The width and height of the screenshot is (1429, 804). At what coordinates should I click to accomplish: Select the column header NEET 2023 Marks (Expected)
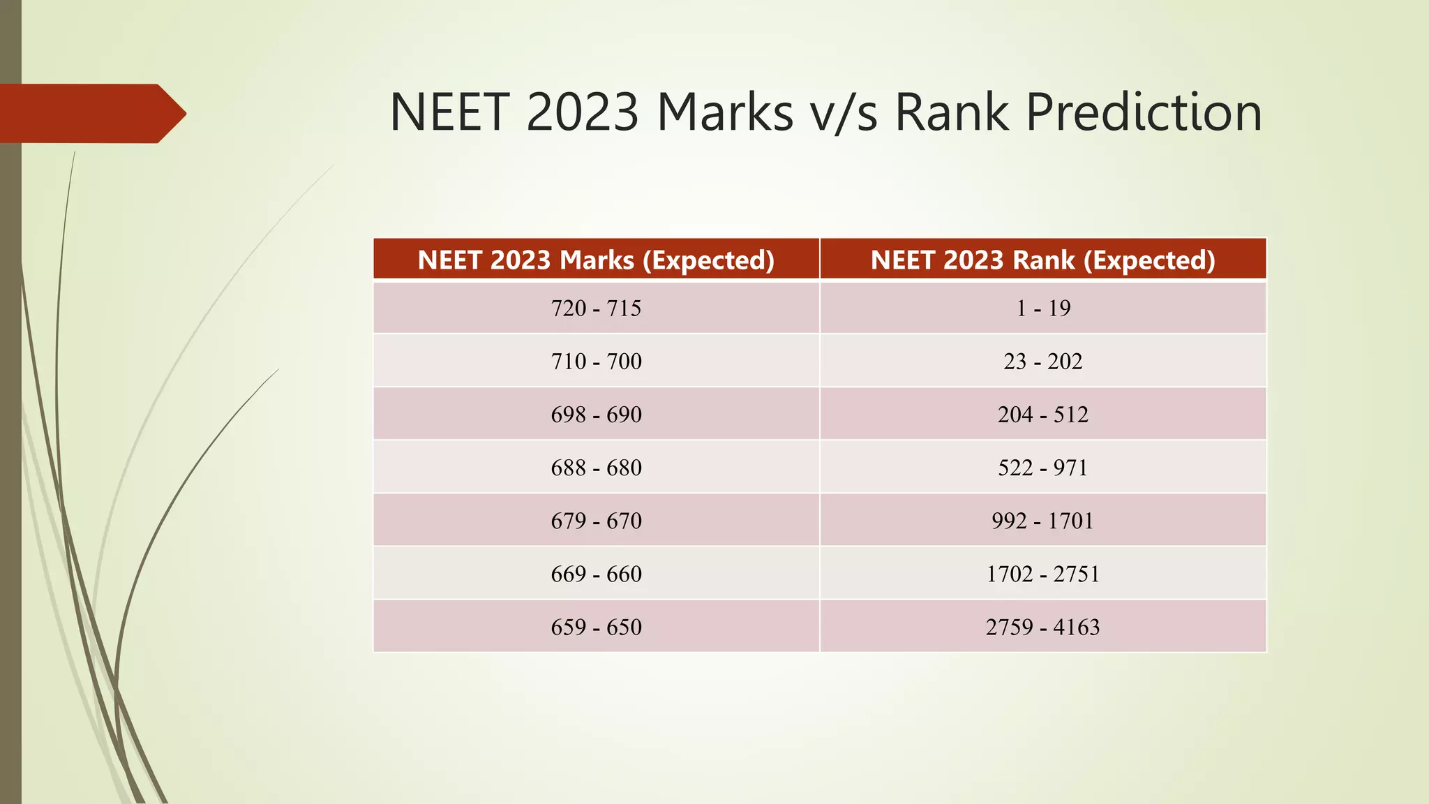pos(596,260)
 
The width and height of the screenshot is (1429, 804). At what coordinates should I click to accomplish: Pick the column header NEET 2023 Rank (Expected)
pos(1042,260)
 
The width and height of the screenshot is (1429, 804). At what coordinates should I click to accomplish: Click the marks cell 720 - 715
pos(596,308)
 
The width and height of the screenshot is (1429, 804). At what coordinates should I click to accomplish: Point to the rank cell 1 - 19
pos(1042,308)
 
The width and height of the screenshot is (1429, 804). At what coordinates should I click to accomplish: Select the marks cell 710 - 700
pos(596,361)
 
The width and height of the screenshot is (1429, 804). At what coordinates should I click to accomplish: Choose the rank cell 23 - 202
pos(1042,361)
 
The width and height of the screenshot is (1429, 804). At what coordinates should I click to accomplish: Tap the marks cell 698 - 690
pos(596,414)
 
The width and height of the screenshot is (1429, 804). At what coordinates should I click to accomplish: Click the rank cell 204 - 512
pos(1042,414)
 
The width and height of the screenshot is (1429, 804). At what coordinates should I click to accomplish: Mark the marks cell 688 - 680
pos(596,467)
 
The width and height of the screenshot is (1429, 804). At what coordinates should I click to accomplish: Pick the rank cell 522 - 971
pos(1042,467)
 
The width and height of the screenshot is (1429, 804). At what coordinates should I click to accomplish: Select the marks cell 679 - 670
pos(596,521)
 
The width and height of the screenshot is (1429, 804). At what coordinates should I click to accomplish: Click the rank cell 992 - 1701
pos(1042,521)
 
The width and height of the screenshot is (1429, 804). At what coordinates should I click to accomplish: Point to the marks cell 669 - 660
pos(596,574)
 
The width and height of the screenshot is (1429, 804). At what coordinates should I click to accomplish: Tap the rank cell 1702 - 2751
pos(1042,574)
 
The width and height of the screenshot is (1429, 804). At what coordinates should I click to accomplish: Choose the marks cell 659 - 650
pos(596,627)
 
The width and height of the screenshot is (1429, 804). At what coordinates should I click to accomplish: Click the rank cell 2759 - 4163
pos(1042,627)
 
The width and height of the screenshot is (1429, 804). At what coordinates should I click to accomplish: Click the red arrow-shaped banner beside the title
pos(91,113)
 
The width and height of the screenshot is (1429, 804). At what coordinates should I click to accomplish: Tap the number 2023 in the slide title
pos(582,112)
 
